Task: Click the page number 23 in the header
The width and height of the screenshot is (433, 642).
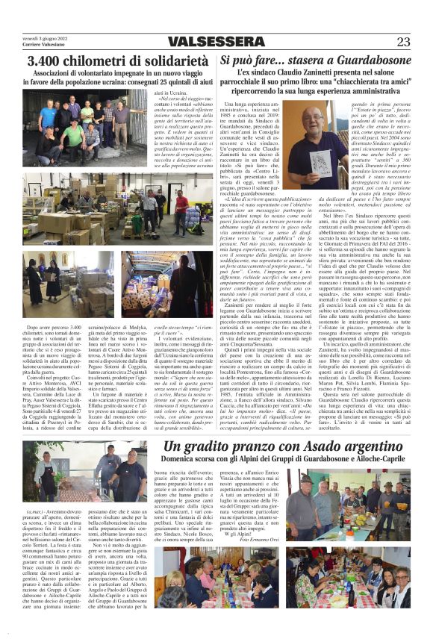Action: tap(402, 42)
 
